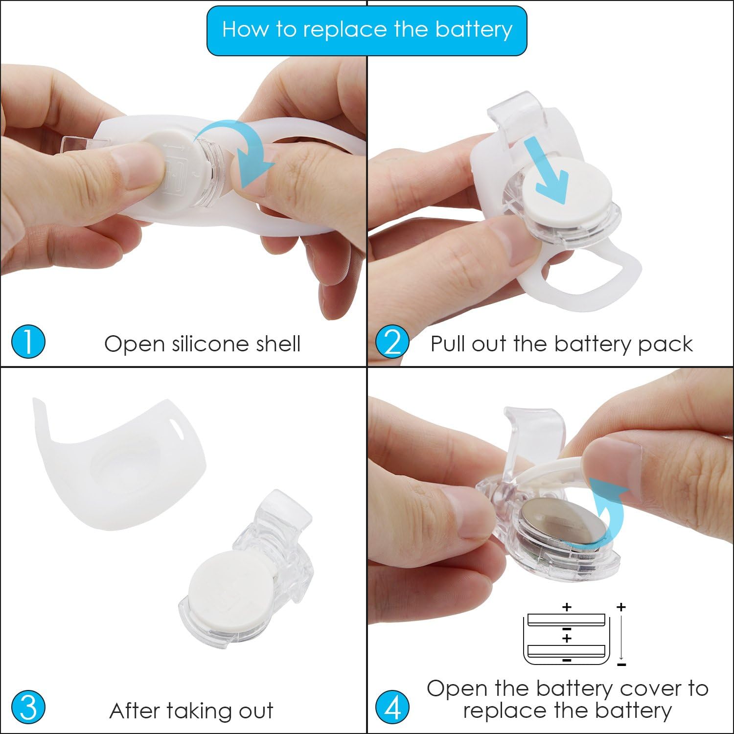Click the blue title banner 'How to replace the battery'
(x=367, y=30)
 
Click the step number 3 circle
(x=28, y=708)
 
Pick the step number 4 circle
(x=392, y=708)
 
